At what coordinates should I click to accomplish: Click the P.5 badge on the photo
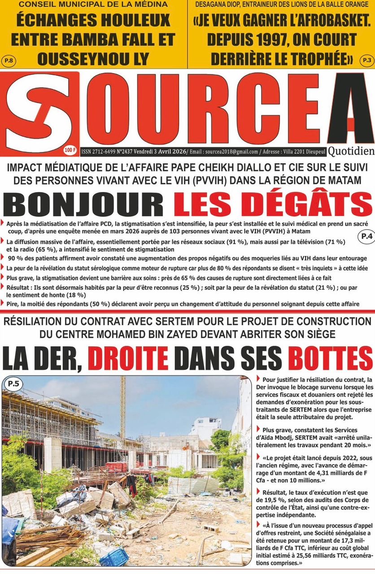pyautogui.click(x=13, y=383)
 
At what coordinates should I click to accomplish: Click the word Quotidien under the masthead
pyautogui.click(x=350, y=151)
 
